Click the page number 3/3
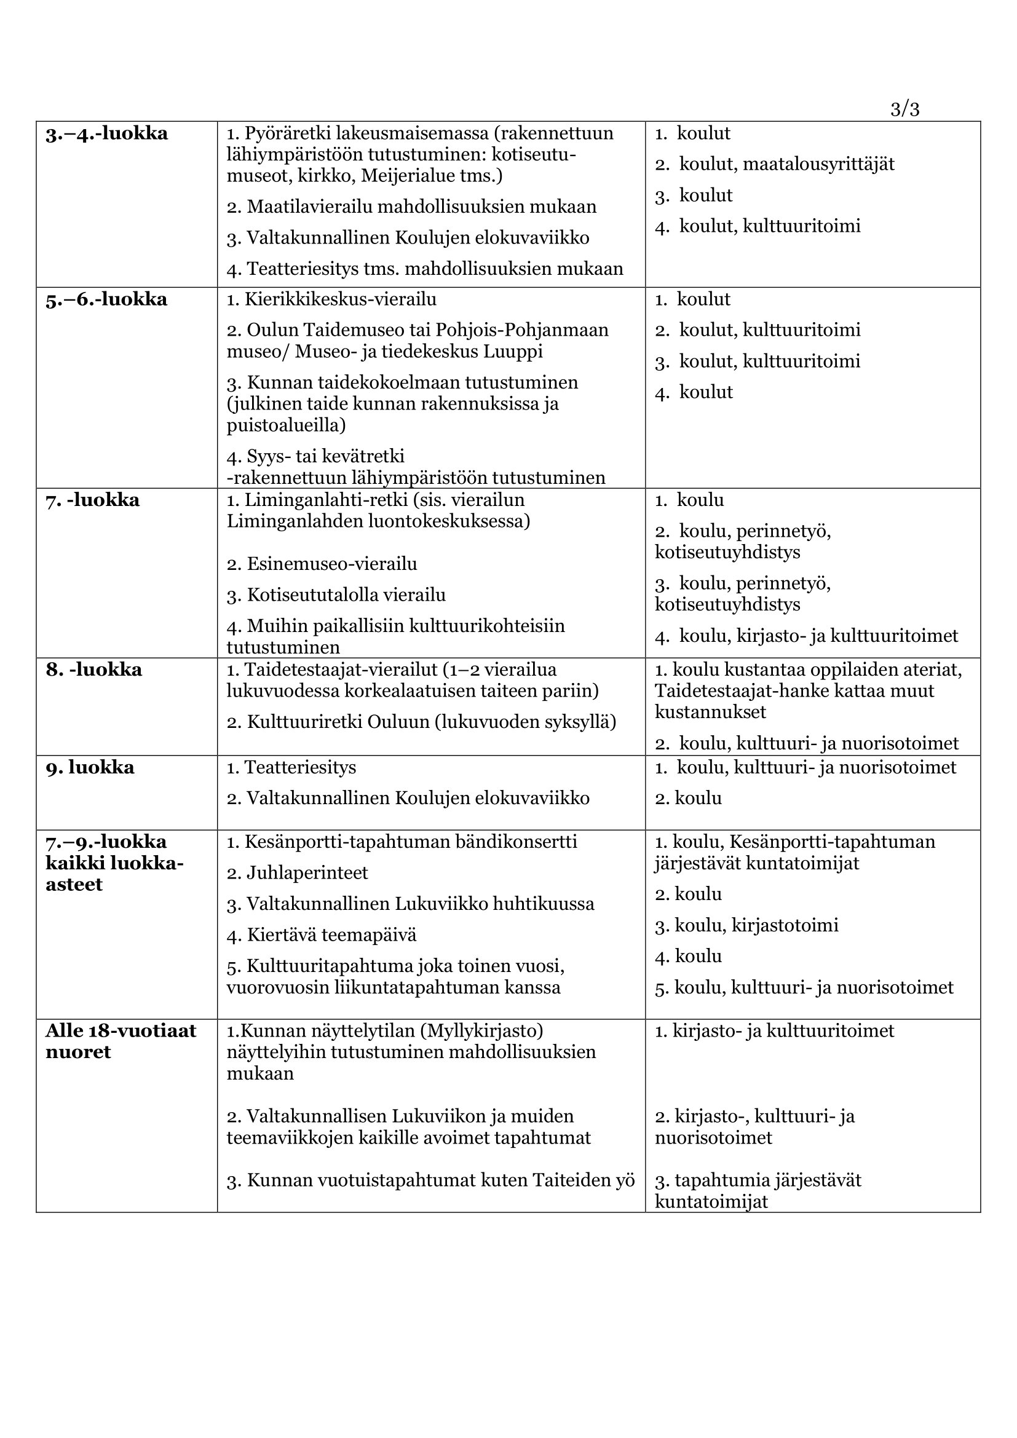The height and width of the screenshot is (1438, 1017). (904, 109)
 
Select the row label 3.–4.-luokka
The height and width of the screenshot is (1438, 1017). (106, 133)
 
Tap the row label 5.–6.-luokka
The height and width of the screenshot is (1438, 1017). (106, 299)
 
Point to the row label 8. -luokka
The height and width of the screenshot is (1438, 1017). (94, 670)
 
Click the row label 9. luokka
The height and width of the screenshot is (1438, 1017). (90, 767)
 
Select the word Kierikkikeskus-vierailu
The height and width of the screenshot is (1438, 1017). (341, 299)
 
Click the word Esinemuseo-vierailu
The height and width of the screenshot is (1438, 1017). (332, 564)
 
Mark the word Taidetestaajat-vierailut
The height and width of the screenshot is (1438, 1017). (341, 670)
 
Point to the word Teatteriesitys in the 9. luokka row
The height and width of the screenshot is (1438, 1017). (300, 767)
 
